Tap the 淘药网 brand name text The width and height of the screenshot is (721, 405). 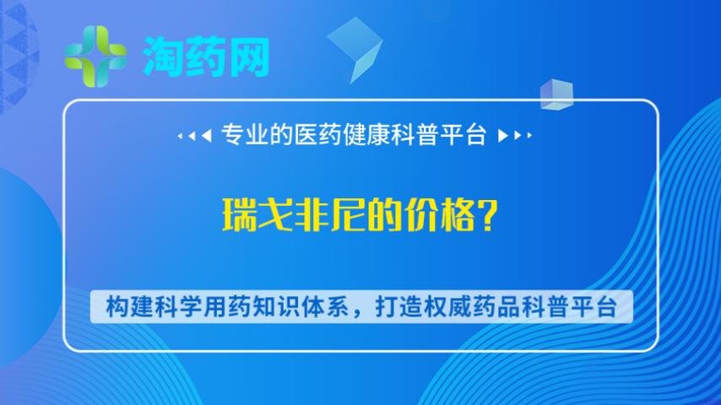(206, 56)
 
